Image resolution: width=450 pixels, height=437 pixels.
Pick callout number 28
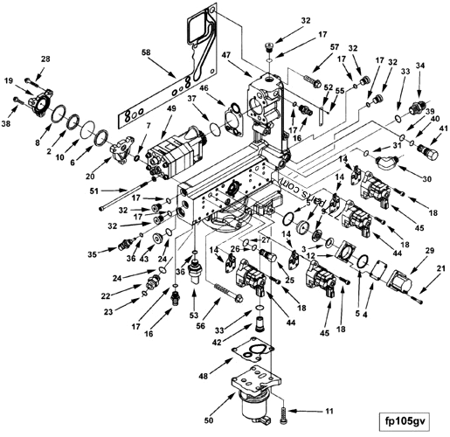pyautogui.click(x=46, y=59)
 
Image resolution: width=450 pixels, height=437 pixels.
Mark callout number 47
pyautogui.click(x=226, y=54)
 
